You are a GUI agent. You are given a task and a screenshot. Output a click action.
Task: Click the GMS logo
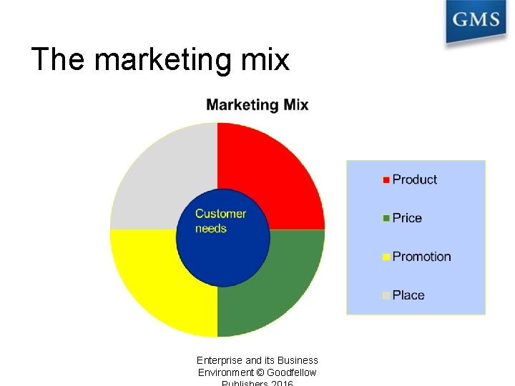[475, 21]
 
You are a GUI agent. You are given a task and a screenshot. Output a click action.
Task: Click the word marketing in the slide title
[163, 59]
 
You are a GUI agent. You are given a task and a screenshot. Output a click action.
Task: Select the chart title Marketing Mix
[257, 105]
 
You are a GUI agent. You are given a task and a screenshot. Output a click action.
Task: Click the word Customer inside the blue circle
[220, 214]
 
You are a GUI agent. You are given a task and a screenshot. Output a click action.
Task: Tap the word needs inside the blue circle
[211, 229]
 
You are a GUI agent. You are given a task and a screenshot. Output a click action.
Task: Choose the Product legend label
[415, 180]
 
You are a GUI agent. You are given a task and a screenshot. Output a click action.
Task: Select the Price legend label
[407, 218]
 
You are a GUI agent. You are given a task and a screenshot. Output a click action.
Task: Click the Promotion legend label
[422, 257]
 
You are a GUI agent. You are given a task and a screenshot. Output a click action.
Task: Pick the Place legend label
[408, 295]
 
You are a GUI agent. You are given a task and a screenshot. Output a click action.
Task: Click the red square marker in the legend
[387, 180]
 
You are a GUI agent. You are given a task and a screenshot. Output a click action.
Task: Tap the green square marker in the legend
[387, 219]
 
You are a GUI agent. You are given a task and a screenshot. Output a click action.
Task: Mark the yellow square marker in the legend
[387, 257]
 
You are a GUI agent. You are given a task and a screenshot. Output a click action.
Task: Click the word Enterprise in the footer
[220, 360]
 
